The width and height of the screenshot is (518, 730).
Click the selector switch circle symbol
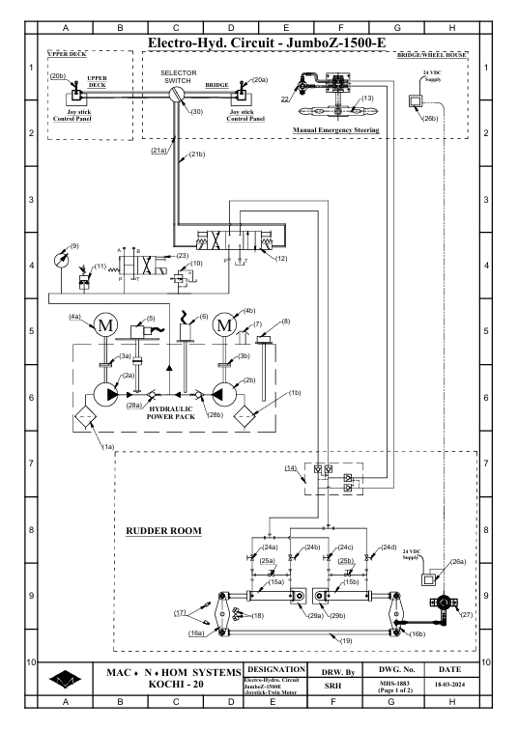pyautogui.click(x=177, y=95)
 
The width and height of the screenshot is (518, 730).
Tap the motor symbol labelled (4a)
pyautogui.click(x=105, y=324)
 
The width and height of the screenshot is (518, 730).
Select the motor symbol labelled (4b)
pyautogui.click(x=224, y=324)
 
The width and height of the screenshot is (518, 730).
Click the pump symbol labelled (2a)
pyautogui.click(x=106, y=395)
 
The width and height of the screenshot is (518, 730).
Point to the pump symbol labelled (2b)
pyautogui.click(x=224, y=395)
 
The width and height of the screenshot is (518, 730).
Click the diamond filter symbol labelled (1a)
pyautogui.click(x=85, y=414)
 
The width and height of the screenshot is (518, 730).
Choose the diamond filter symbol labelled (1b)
pyautogui.click(x=245, y=414)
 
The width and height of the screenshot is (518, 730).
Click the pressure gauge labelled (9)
pyautogui.click(x=61, y=259)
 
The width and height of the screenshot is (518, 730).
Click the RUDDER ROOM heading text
pyautogui.click(x=163, y=531)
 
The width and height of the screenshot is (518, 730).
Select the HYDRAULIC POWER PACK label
pyautogui.click(x=170, y=412)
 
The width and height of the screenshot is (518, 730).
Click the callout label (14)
pyautogui.click(x=291, y=468)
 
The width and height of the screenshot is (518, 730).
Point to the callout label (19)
pyautogui.click(x=346, y=640)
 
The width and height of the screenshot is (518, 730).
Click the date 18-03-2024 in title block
pyautogui.click(x=449, y=685)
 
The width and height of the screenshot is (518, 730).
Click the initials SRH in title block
pyautogui.click(x=332, y=686)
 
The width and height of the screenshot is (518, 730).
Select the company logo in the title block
pyautogui.click(x=65, y=680)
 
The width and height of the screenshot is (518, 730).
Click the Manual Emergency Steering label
pyautogui.click(x=336, y=130)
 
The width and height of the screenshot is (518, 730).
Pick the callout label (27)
pyautogui.click(x=467, y=614)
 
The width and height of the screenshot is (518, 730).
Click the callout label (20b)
pyautogui.click(x=58, y=76)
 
